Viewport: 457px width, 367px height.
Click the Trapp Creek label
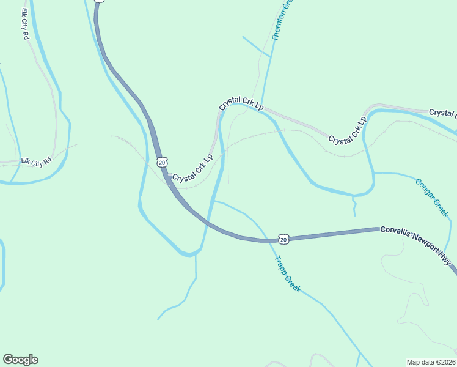tap(288, 273)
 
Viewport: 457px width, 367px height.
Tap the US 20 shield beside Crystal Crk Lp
tap(161, 161)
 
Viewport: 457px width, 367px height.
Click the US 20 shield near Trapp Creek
tap(283, 237)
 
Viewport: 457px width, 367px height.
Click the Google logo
tap(20, 360)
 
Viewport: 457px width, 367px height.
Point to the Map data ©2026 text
tap(431, 361)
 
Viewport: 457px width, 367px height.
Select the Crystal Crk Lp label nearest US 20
tap(192, 168)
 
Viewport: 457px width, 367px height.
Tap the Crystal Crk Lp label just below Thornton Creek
tap(241, 105)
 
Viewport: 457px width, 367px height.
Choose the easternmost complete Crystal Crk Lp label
tap(347, 130)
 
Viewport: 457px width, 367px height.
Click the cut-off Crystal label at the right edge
tap(443, 113)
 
